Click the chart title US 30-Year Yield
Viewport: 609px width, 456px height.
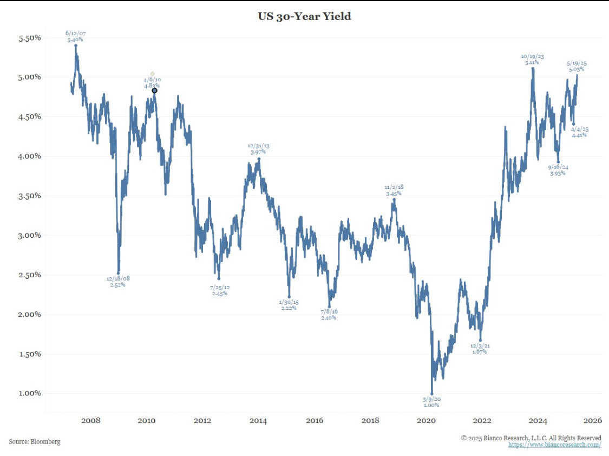(304, 16)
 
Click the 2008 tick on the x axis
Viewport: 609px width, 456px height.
(90, 421)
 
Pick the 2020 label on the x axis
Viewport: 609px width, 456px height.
(427, 421)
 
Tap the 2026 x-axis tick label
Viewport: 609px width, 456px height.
(593, 421)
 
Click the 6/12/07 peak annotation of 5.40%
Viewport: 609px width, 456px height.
(76, 37)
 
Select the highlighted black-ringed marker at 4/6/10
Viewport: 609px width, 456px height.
(154, 90)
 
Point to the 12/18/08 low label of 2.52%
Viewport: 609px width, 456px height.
(117, 282)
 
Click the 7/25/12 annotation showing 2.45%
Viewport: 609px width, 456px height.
(219, 290)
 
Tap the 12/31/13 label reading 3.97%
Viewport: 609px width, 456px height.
(258, 149)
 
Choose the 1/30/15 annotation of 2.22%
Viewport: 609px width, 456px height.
(289, 305)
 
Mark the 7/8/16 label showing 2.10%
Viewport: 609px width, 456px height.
(328, 315)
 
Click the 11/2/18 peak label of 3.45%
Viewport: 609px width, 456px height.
(394, 190)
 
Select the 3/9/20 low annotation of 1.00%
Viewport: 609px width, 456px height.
(431, 402)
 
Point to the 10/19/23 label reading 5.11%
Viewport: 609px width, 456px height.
(532, 60)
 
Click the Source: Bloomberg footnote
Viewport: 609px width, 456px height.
(35, 442)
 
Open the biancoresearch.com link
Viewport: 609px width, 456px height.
(554, 445)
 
